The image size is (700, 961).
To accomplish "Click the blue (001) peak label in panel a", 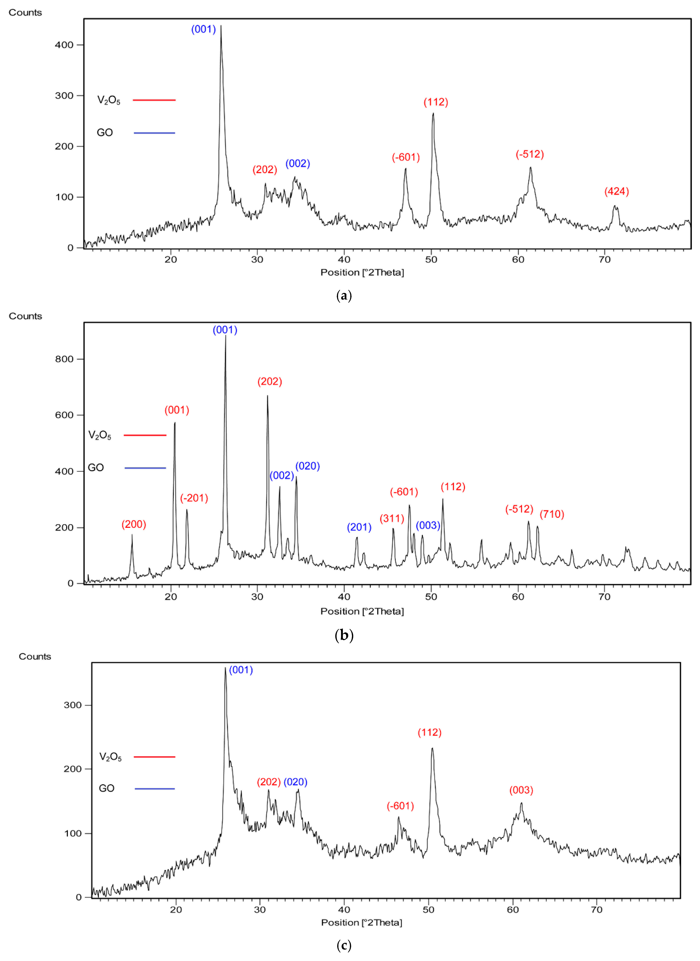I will click(x=203, y=29).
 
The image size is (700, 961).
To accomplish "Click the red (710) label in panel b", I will click(x=552, y=514).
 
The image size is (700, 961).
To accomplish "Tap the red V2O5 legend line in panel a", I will click(x=154, y=100).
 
